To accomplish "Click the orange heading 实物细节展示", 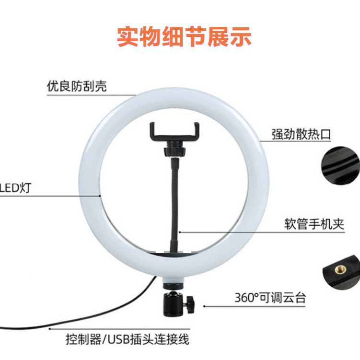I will click(185, 37).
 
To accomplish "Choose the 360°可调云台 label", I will click(270, 298).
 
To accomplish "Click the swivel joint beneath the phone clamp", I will click(173, 151).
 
